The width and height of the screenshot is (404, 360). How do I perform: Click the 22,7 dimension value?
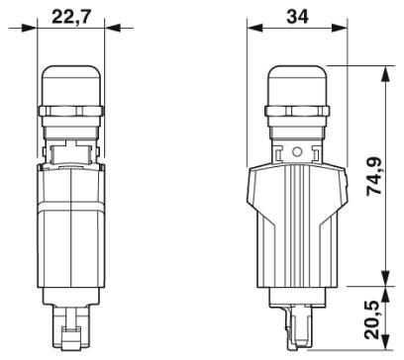pos(71,17)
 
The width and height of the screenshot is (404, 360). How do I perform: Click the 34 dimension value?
pos(297,17)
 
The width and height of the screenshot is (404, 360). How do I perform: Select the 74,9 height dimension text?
pos(374,177)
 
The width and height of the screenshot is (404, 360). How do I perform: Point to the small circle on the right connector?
pos(297,151)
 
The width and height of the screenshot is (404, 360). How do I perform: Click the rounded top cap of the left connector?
pos(72,86)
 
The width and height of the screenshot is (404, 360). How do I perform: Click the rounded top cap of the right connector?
pos(297,86)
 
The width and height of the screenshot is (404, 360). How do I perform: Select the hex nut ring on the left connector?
pos(71,111)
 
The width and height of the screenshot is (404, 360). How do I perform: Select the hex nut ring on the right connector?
pos(297,111)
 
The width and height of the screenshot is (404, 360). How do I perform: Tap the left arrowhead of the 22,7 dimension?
pos(30,28)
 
